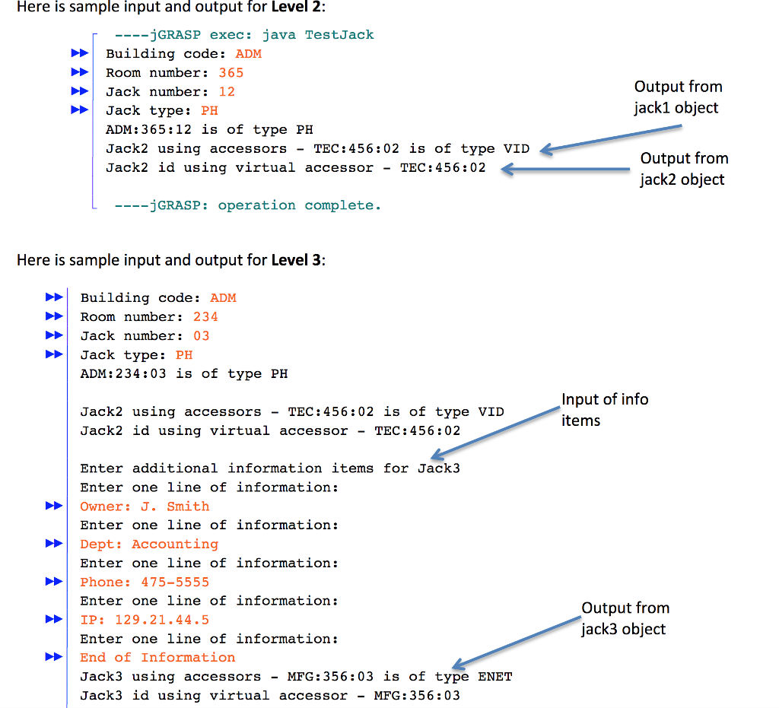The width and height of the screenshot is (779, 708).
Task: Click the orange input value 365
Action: tap(231, 73)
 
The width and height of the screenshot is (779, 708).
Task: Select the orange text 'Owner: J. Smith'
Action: tap(145, 506)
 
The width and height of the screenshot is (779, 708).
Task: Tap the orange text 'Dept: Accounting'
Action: tap(149, 544)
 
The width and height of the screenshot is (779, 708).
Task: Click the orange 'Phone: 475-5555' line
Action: tap(145, 583)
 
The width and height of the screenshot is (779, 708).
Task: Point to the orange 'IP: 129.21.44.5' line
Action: tap(145, 620)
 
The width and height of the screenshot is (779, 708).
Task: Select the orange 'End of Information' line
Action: tap(157, 658)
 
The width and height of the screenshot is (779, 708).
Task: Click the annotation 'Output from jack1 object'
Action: tap(676, 97)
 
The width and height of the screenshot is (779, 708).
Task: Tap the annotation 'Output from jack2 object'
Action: tap(683, 168)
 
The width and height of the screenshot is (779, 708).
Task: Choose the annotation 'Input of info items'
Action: tap(605, 409)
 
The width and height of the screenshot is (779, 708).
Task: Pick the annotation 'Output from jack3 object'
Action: tap(625, 618)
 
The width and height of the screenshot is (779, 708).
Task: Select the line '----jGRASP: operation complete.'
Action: tap(248, 205)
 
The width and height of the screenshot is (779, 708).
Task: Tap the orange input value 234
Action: tap(205, 317)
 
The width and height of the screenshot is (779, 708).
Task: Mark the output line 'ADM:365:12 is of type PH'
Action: tap(209, 129)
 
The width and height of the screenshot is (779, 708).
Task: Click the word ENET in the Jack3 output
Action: tap(494, 677)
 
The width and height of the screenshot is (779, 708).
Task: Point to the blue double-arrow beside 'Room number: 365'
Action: tap(79, 73)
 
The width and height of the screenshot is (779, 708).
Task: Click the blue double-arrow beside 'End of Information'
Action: tap(54, 658)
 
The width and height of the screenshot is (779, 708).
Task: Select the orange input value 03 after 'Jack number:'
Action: tap(201, 336)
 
